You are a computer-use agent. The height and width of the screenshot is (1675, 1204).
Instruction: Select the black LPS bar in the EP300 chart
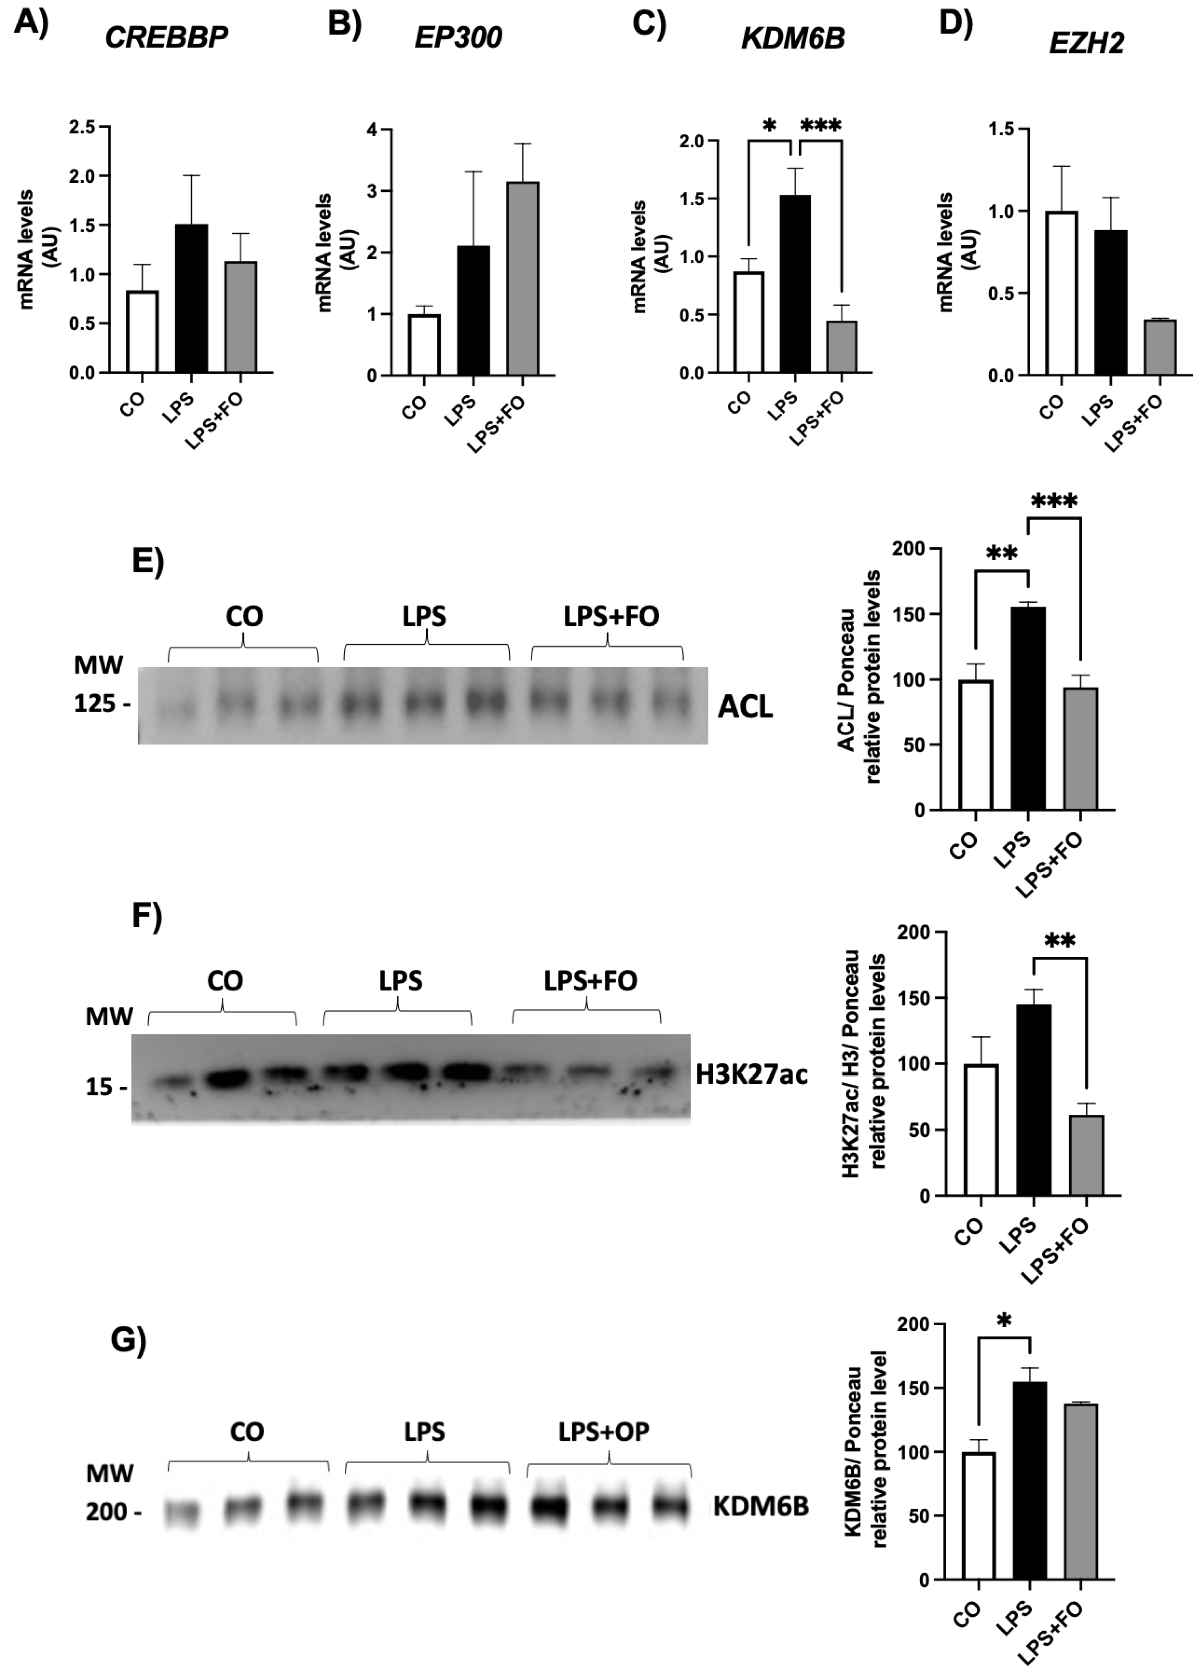474,310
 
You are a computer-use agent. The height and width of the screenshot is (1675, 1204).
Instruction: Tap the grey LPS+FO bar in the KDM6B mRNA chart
842,347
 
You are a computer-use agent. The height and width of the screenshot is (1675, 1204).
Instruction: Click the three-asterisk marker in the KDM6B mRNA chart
821,126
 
